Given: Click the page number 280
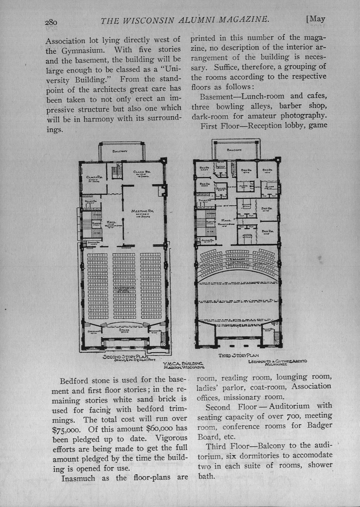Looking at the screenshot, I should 51,22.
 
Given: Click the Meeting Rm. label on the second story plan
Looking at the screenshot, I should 142,212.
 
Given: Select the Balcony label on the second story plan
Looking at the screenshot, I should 120,151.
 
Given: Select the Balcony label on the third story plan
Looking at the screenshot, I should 234,150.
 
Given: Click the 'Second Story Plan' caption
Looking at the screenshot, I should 125,356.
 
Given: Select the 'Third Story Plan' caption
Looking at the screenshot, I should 238,355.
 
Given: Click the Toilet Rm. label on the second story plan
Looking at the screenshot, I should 90,201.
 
